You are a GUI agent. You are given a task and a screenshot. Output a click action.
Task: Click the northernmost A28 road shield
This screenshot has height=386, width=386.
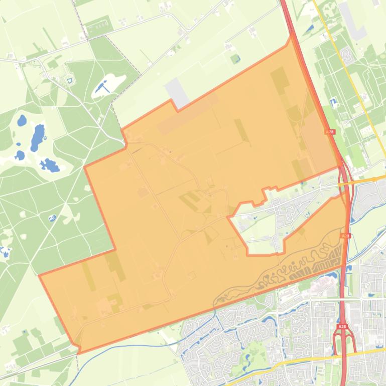click(329, 132)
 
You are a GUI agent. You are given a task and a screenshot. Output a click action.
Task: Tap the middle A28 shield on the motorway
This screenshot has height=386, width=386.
click(345, 236)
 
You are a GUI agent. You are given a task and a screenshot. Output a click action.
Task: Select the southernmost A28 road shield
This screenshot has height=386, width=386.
click(342, 327)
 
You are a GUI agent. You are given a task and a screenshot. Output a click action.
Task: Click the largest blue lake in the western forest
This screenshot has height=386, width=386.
click(37, 137)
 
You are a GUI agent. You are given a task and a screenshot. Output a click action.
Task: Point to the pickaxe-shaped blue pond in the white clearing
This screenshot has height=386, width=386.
click(103, 88)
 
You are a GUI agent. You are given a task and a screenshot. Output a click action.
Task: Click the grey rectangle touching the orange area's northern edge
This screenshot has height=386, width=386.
click(176, 92)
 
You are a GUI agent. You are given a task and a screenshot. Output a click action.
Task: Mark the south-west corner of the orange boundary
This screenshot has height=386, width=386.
click(78, 353)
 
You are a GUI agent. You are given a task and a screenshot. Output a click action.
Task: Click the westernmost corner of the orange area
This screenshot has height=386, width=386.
click(39, 275)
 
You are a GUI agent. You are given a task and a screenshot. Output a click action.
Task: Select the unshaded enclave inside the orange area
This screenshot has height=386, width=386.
click(261, 226)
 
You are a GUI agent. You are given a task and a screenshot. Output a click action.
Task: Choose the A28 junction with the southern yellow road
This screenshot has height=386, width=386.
click(345, 353)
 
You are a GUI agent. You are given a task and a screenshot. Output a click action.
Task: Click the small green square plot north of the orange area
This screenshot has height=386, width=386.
click(235, 59)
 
